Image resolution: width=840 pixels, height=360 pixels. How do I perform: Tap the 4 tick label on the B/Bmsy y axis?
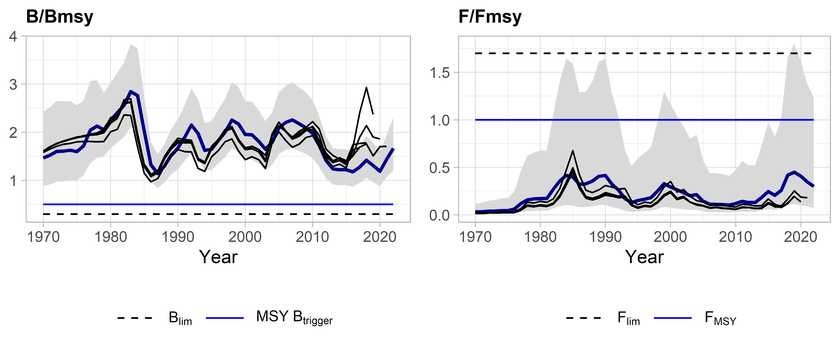coord(13,37)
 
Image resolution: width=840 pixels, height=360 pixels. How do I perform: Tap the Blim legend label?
coord(180,318)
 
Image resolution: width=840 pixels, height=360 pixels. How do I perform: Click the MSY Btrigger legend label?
coord(294,317)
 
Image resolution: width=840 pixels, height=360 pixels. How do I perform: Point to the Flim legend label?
coord(628,318)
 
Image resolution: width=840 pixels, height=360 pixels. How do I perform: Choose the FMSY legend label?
coord(720,318)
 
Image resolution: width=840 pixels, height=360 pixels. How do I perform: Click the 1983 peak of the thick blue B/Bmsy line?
coord(131,91)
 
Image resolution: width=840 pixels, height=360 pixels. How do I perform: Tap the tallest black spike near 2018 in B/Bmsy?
coord(366,87)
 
